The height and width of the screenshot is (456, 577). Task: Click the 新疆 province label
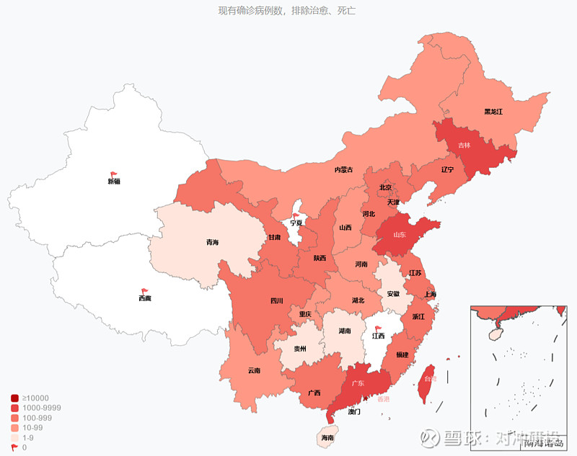[x=114, y=182]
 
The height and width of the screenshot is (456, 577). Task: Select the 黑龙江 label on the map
[x=493, y=112]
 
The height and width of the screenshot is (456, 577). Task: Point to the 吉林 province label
[x=464, y=145]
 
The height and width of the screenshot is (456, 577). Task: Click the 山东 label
[x=400, y=235]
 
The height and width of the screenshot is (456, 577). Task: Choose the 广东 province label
[x=357, y=383]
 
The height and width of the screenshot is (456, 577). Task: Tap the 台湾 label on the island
[x=429, y=379]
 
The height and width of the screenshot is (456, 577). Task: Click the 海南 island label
[x=327, y=438]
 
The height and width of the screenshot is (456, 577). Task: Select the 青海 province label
[x=212, y=242]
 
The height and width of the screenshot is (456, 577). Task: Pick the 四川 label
[x=277, y=300]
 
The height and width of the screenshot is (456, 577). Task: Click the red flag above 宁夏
[x=295, y=215]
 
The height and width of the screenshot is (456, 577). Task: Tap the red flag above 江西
[x=379, y=328]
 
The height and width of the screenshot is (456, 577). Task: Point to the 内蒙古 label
[x=343, y=170]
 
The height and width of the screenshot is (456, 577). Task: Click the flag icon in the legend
[x=14, y=447]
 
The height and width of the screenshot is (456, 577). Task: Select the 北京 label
[x=386, y=187]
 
